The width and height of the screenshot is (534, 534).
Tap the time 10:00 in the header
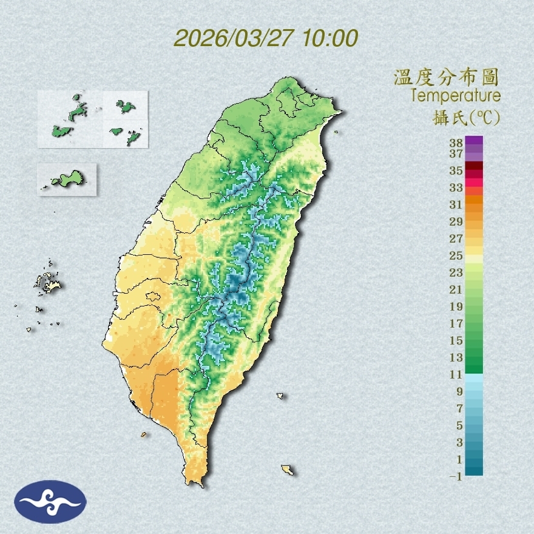[329, 38]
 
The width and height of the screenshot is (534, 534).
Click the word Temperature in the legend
[456, 96]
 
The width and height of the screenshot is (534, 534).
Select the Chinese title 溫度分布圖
[447, 77]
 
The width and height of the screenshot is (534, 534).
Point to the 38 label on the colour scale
[456, 143]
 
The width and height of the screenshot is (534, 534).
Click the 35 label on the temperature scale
[456, 171]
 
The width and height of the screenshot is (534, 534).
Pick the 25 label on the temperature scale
[456, 255]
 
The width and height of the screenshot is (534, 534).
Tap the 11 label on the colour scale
[456, 374]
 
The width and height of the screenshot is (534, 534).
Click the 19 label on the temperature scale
[456, 306]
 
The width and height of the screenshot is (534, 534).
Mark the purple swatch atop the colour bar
[475, 140]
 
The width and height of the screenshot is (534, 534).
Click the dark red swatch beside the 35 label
[475, 166]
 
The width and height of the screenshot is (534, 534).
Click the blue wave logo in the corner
[51, 501]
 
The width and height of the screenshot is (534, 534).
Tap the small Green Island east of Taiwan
[280, 396]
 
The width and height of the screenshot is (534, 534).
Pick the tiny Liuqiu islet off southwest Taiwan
[144, 434]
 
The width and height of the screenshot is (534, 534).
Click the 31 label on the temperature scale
[456, 204]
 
